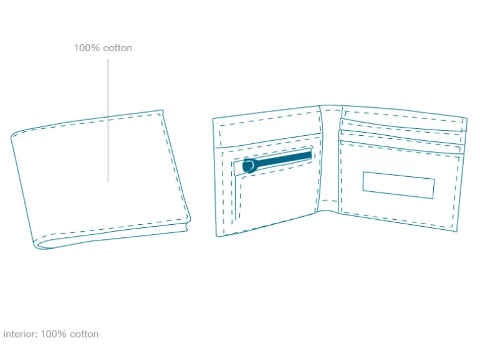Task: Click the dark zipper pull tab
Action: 249,166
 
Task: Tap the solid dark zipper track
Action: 283,158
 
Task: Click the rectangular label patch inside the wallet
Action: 398,185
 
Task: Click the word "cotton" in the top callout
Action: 118,48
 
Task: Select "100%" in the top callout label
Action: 87,48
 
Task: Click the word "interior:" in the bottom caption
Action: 21,334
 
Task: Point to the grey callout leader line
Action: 108,120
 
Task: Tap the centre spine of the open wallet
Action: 329,158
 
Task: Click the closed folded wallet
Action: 101,179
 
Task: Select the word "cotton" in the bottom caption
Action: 84,334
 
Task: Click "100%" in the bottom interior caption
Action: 54,334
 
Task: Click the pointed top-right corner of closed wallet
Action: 163,110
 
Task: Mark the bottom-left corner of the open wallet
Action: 217,236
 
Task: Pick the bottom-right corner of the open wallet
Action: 457,232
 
